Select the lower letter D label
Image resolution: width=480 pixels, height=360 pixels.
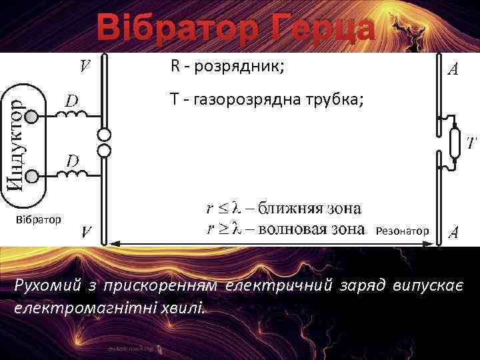72,161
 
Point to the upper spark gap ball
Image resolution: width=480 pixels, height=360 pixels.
104,135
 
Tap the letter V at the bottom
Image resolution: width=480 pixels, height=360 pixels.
87,233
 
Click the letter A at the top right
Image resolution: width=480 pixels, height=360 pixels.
451,70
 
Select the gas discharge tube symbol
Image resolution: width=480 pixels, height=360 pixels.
455,142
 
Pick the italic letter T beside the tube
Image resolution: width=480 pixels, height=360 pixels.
471,143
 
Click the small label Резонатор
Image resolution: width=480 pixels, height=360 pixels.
402,231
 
